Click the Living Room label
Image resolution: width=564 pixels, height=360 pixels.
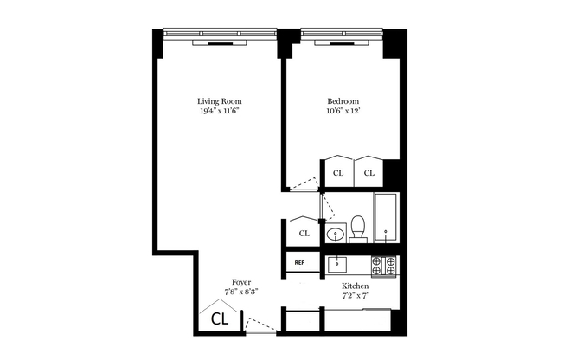tap(219, 101)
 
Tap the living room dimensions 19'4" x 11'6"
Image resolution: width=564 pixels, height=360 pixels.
tap(219, 112)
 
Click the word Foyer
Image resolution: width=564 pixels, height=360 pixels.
tap(241, 282)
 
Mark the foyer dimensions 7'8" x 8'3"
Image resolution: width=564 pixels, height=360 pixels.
tap(241, 292)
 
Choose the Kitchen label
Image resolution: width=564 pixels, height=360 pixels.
tap(356, 286)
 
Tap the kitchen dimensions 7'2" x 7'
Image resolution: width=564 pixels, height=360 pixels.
tap(356, 296)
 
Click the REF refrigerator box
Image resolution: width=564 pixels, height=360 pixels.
tap(299, 262)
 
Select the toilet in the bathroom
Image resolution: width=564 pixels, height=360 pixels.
tap(359, 228)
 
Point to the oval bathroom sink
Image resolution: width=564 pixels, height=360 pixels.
tap(335, 234)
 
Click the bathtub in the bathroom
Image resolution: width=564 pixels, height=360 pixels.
tap(386, 220)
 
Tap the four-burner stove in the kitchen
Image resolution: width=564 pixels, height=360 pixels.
tap(383, 266)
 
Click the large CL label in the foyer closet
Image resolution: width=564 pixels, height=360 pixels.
tap(221, 318)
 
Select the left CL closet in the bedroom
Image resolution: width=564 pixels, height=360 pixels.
tap(338, 172)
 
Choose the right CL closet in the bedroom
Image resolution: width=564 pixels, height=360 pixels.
tap(369, 172)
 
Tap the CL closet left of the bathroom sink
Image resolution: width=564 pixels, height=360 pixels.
tap(304, 233)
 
